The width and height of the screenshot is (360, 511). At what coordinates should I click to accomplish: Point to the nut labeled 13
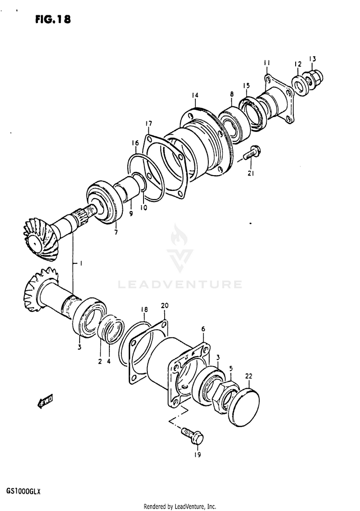(x=315, y=77)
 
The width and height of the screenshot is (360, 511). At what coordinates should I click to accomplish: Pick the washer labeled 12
(x=301, y=85)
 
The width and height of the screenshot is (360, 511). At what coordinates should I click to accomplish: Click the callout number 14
(x=195, y=95)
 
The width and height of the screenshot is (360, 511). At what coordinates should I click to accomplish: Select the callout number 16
(x=135, y=143)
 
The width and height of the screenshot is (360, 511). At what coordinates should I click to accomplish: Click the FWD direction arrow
(x=46, y=400)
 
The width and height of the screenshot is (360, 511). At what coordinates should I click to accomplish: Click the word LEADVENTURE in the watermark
(x=180, y=285)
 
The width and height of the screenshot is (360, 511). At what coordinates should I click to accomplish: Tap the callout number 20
(x=165, y=306)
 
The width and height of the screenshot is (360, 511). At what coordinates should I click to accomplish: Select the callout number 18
(x=144, y=310)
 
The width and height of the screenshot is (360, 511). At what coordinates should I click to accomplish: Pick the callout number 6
(x=203, y=329)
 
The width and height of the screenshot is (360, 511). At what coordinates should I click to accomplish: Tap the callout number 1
(x=81, y=263)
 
